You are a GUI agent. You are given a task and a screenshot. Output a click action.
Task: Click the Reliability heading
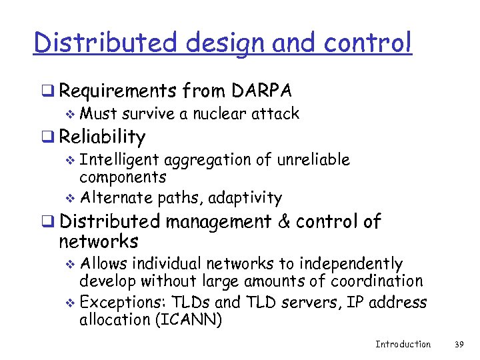click(x=102, y=137)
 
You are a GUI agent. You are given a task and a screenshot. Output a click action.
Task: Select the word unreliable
click(x=314, y=160)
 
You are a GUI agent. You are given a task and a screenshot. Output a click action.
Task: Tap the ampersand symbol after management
click(x=284, y=221)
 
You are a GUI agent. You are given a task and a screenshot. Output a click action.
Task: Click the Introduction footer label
click(x=403, y=344)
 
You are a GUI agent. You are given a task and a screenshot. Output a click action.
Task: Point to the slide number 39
click(x=458, y=344)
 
